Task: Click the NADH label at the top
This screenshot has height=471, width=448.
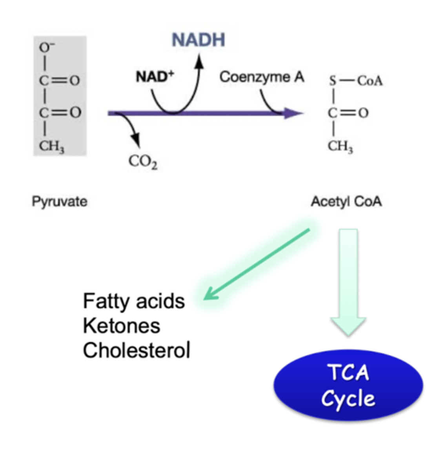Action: [x=199, y=40]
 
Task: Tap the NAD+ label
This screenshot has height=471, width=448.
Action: [x=155, y=76]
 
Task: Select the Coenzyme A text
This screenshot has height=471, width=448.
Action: [x=262, y=77]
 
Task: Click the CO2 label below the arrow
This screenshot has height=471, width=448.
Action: [x=143, y=161]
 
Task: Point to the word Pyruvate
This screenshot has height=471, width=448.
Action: [x=60, y=202]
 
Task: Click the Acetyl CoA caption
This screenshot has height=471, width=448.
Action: [x=346, y=202]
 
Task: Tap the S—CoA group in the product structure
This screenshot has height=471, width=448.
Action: [x=355, y=81]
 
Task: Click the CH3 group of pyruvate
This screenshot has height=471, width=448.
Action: [x=51, y=146]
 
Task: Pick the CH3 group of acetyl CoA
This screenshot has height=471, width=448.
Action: [x=340, y=146]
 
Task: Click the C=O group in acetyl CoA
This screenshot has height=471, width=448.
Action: [x=348, y=113]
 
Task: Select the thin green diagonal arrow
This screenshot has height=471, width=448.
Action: [x=257, y=264]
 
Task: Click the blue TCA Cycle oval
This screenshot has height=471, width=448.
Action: [x=348, y=385]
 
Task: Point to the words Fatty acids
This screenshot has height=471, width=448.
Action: [x=134, y=301]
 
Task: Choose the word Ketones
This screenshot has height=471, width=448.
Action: [x=122, y=326]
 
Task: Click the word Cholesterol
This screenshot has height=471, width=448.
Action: [x=137, y=350]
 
